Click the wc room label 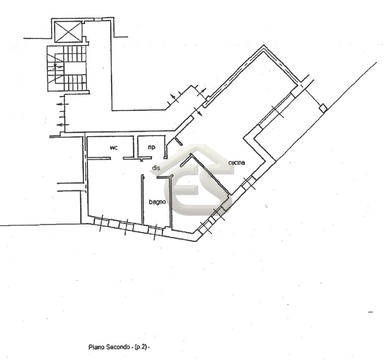113,147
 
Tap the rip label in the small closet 151,147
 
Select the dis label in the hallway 156,168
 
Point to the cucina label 236,162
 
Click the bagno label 157,202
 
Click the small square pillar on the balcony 323,108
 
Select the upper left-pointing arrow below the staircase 62,104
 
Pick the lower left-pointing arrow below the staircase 62,125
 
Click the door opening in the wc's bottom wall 116,158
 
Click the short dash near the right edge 370,312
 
